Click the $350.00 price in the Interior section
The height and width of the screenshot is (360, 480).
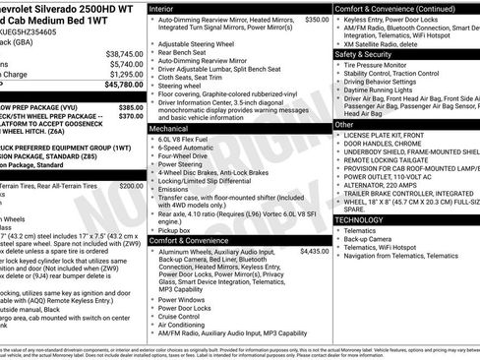[x=317, y=19]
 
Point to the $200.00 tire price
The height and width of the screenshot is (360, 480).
[x=131, y=185]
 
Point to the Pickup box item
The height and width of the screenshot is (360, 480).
[x=176, y=229]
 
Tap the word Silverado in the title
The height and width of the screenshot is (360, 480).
[x=54, y=7]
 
